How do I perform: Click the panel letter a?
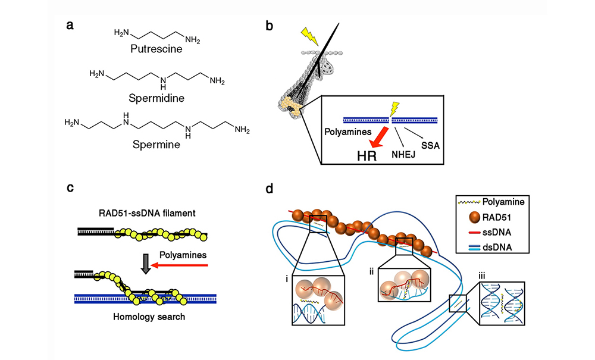(x=70, y=26)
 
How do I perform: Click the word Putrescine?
(x=156, y=49)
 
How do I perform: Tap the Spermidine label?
(x=156, y=98)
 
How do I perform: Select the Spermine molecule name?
(x=156, y=145)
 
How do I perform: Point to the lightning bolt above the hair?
(x=311, y=36)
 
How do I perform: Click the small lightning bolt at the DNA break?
(x=395, y=108)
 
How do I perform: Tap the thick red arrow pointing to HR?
(x=379, y=137)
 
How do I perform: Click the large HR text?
(x=367, y=156)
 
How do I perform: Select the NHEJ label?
(x=403, y=154)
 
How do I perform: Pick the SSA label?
(x=430, y=146)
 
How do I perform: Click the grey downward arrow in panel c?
(x=146, y=264)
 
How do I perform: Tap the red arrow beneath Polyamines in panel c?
(x=179, y=265)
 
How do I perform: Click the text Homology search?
(x=149, y=317)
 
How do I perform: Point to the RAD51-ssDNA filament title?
(x=147, y=213)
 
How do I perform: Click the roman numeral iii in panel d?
(x=482, y=276)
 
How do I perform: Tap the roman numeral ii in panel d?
(x=371, y=271)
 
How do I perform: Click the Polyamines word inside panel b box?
(x=348, y=132)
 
